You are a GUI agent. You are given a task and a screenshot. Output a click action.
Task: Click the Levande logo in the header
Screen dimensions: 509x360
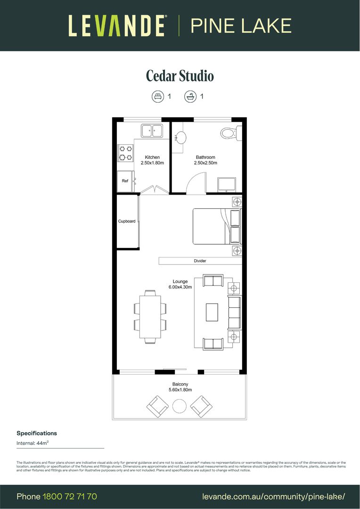[117, 25]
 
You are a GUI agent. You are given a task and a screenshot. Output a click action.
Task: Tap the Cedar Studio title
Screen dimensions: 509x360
[180, 76]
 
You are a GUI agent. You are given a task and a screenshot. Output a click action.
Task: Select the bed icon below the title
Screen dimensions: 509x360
[157, 96]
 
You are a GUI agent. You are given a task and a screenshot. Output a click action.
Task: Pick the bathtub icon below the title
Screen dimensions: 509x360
[189, 96]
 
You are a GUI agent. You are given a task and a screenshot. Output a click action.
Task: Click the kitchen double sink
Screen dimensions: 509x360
[152, 130]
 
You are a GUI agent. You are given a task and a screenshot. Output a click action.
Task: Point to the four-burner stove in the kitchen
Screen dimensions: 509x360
[125, 152]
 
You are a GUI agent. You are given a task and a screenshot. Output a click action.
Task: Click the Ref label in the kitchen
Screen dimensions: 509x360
[125, 181]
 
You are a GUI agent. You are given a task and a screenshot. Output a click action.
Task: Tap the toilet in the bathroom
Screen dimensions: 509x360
[229, 134]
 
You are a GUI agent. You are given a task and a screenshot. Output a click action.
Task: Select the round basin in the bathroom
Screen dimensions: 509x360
[180, 137]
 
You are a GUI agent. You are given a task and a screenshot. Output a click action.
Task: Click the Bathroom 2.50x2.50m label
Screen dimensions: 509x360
[205, 160]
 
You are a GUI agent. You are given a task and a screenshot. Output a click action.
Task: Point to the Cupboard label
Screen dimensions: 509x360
[127, 221]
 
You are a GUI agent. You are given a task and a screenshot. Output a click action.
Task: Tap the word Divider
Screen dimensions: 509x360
[200, 261]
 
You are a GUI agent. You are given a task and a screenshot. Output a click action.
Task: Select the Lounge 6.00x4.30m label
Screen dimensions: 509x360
[180, 284]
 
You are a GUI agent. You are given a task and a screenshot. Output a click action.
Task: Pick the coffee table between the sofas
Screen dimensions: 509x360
[212, 312]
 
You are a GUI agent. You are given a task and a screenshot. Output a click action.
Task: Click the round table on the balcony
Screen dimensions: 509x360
[180, 406]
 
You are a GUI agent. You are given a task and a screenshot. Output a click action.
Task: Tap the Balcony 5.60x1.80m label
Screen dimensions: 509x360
[180, 387]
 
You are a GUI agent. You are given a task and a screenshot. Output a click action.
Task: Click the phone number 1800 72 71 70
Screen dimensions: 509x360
[70, 496]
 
